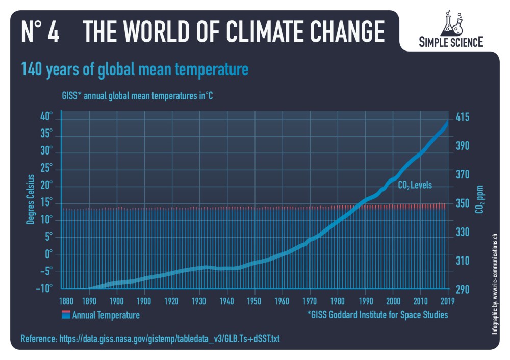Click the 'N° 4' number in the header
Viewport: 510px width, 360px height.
(x=40, y=32)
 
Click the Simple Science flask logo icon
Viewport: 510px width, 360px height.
(x=451, y=22)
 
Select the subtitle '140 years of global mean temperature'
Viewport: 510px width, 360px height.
(x=134, y=69)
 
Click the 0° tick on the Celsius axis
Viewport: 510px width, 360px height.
(x=48, y=253)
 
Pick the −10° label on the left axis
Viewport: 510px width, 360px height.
(x=44, y=288)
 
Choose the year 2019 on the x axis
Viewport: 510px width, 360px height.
(x=448, y=300)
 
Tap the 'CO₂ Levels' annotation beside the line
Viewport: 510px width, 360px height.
(x=415, y=186)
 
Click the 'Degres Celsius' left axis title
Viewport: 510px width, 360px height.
(x=30, y=199)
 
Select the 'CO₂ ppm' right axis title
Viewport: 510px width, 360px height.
(x=480, y=200)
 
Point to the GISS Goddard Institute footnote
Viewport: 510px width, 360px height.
(x=377, y=315)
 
